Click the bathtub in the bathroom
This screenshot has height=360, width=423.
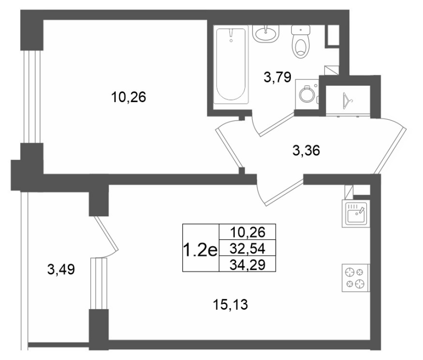231,64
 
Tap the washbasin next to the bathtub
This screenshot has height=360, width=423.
266,34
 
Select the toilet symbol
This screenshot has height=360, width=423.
300,42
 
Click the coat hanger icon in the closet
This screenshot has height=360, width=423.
347,101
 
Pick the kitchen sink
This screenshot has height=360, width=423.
355,214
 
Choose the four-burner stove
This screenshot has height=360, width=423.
355,278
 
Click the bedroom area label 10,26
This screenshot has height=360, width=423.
128,97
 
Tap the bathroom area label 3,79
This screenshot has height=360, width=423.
278,77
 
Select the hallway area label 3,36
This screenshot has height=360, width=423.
306,151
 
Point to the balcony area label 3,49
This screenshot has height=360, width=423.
61,269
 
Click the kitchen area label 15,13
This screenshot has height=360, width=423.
230,305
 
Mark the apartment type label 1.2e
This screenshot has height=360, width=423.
200,250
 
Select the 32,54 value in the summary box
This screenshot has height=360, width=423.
247,248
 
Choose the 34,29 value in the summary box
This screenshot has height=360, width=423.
247,265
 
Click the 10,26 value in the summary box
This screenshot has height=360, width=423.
247,232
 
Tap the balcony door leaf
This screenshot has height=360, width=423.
106,233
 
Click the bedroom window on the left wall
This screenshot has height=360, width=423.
32,97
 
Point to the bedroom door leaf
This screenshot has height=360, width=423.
229,147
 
